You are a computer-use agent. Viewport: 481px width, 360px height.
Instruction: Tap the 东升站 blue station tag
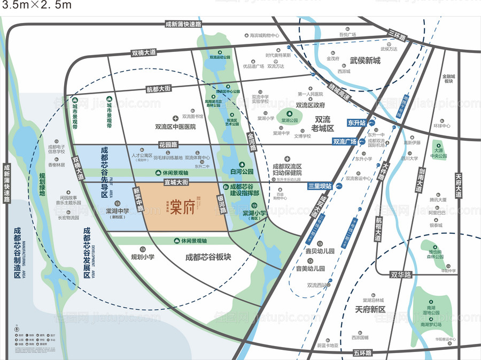pyautogui.click(x=356, y=123)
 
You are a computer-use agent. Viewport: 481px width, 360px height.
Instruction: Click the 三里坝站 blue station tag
pyautogui.click(x=320, y=186)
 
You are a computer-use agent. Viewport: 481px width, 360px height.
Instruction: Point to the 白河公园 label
pyautogui.click(x=241, y=172)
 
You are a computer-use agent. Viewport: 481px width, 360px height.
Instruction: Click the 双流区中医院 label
pyautogui.click(x=175, y=127)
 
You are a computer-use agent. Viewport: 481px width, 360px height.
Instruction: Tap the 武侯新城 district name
pyautogui.click(x=365, y=60)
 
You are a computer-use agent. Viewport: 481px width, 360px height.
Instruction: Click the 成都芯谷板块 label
pyautogui.click(x=208, y=257)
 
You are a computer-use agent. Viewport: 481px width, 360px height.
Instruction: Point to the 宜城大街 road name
pyautogui.click(x=177, y=182)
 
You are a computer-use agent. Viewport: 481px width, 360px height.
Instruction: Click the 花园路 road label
pyautogui.click(x=167, y=144)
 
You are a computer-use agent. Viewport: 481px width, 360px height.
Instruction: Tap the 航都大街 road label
pyautogui.click(x=158, y=89)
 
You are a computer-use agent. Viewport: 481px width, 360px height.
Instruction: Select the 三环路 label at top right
pyautogui.click(x=398, y=36)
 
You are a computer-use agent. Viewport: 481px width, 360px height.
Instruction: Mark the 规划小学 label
pyautogui.click(x=143, y=257)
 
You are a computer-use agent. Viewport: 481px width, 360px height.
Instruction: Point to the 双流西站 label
pyautogui.click(x=319, y=285)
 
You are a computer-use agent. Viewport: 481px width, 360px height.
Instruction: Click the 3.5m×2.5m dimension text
pyautogui.click(x=36, y=6)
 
